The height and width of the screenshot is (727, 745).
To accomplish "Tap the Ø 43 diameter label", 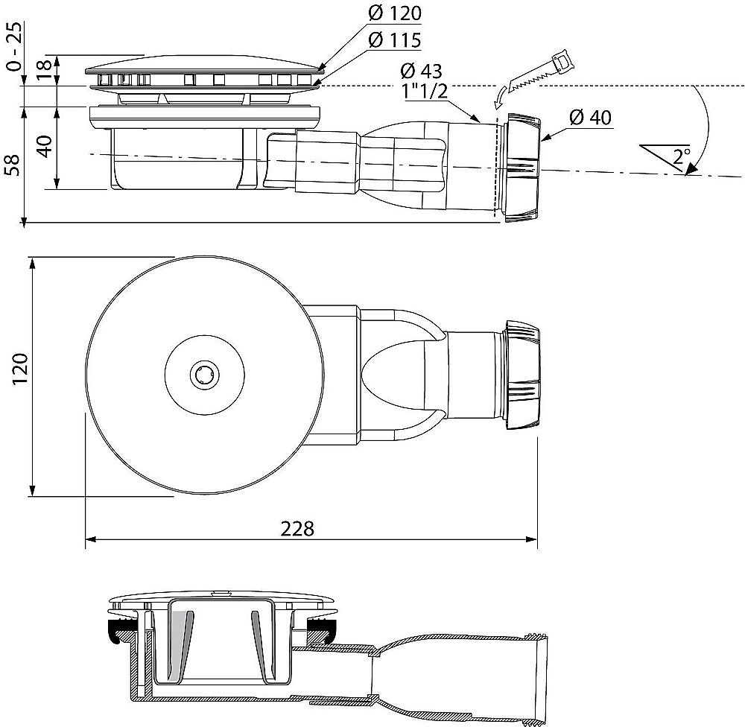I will (421, 72).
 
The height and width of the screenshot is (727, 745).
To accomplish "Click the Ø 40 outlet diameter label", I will (591, 118).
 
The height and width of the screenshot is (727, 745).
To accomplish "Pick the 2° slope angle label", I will (681, 157).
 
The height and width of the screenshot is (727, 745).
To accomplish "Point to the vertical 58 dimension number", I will (11, 165).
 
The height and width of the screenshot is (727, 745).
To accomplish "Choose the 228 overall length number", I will (297, 528).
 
